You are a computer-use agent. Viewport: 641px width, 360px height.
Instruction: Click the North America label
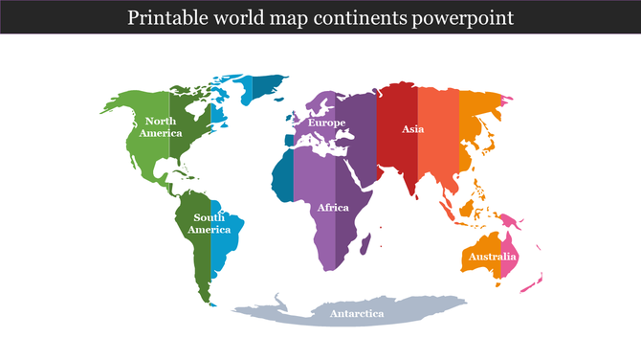click(160, 126)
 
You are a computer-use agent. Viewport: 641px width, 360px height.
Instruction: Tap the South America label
click(209, 224)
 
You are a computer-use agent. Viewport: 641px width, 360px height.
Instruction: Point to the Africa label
click(333, 208)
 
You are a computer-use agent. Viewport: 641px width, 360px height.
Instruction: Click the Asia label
click(413, 128)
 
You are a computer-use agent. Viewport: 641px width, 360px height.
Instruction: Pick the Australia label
click(492, 257)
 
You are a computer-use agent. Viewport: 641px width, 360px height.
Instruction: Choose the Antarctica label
click(356, 314)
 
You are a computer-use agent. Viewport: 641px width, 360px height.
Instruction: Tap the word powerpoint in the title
click(467, 17)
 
